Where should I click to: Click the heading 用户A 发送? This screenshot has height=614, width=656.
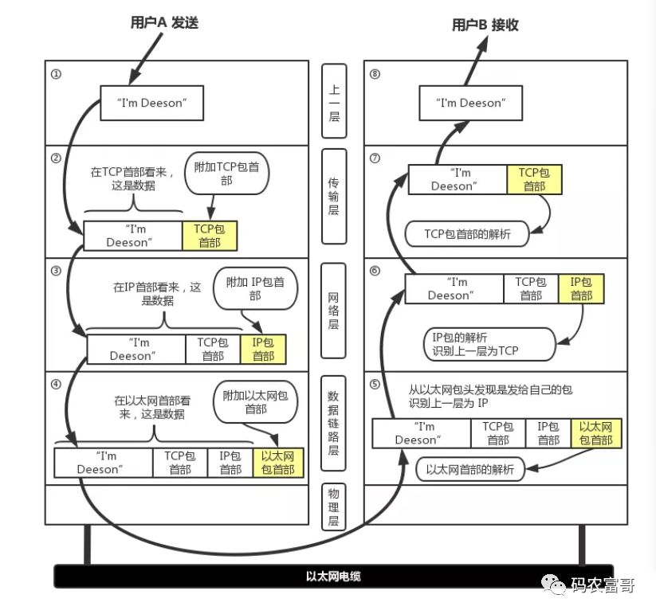pos(163,23)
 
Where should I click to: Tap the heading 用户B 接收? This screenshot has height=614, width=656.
pos(485,25)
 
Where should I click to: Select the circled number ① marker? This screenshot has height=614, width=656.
pos(56,74)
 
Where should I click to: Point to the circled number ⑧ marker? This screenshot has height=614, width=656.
pos(375,74)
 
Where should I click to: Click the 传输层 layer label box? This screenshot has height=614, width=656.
pos(334,195)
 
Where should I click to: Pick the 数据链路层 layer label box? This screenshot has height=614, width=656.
pos(334,423)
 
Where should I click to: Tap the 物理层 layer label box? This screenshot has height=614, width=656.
pos(334,506)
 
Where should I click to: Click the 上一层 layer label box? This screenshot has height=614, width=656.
pos(334,103)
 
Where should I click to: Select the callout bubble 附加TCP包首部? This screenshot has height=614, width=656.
pos(226,174)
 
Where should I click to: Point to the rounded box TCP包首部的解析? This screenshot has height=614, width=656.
pos(467,233)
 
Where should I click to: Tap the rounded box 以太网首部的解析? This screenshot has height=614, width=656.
pos(470,468)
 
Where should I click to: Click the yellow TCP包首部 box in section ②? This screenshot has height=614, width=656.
pos(210,235)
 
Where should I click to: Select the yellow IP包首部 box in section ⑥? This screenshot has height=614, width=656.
pos(580,288)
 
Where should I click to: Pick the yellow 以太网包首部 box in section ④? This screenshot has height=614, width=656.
pos(277,463)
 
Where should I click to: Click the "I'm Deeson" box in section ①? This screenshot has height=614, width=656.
pos(151,103)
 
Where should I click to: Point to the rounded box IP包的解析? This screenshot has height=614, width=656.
pos(478,342)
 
